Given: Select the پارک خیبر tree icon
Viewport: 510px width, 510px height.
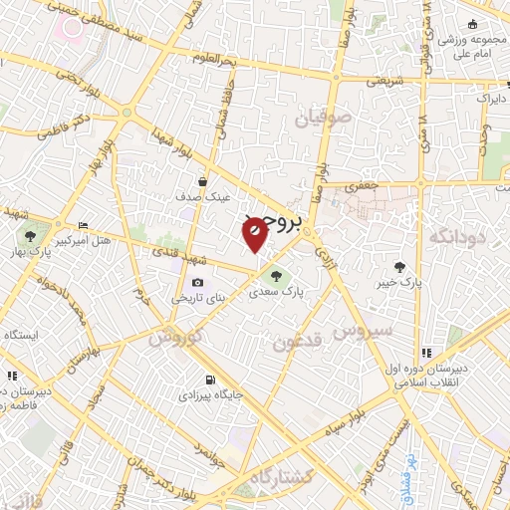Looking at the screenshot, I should coord(400,266).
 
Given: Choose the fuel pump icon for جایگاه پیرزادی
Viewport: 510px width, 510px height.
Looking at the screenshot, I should coord(209,380).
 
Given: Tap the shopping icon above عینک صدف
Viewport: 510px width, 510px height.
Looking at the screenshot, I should coord(204,182).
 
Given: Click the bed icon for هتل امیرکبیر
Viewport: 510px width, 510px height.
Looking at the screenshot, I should coord(82,227).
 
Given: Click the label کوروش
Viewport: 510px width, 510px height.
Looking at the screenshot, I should coord(175,337).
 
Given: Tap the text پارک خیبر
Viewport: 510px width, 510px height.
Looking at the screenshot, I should coord(401,281).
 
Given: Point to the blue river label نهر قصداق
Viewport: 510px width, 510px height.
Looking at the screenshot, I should coord(406,475).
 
